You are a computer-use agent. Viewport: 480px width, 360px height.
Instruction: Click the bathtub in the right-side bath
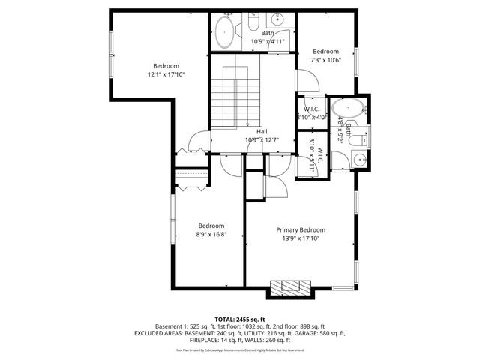click(350, 109)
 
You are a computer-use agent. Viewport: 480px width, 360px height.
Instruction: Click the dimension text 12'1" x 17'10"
click(166, 74)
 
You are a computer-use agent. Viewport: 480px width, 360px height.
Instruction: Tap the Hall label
click(262, 131)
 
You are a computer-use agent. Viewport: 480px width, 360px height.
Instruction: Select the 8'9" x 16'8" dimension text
click(211, 234)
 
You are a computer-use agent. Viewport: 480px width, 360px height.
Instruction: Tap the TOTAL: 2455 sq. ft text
click(239, 319)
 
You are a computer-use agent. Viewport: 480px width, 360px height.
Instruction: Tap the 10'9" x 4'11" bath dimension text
click(268, 41)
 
